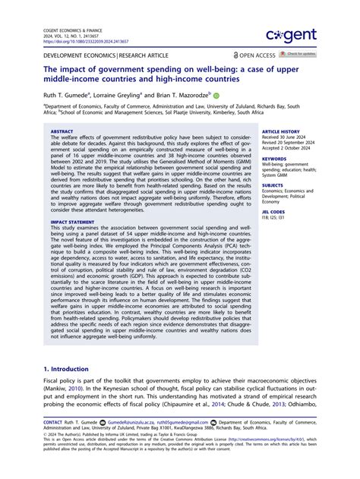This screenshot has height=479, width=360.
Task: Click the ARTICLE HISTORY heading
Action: [280, 131]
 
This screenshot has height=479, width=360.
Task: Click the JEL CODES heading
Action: [275, 212]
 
